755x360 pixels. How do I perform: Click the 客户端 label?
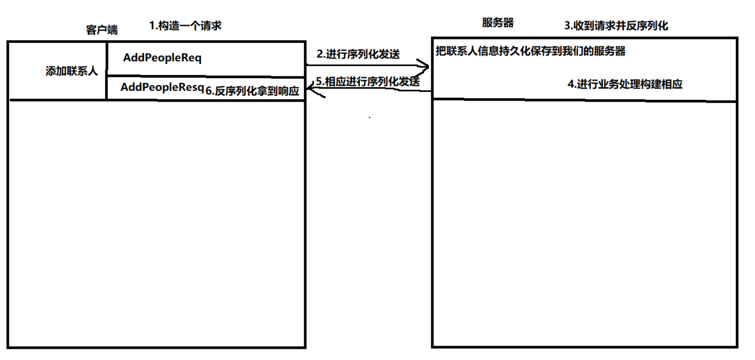tap(102, 30)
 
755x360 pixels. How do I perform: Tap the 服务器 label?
tap(497, 23)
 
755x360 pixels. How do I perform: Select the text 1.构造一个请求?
tap(185, 26)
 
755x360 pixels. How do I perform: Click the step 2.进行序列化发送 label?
tap(358, 54)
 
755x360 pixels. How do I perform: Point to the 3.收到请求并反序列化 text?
tap(616, 26)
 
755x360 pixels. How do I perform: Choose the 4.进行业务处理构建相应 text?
tap(625, 84)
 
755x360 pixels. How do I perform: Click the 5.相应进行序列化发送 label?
tap(368, 82)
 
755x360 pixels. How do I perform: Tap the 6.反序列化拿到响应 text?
tap(252, 91)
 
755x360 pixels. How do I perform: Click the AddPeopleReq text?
tap(162, 58)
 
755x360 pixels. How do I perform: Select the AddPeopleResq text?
tap(162, 87)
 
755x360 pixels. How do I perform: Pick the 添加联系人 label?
tap(71, 71)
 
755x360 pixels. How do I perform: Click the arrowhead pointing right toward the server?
tap(425, 66)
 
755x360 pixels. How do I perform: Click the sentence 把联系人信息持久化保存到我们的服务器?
tap(531, 51)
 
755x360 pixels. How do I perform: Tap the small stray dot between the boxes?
tap(370, 118)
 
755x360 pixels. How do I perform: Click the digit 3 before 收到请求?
tap(567, 26)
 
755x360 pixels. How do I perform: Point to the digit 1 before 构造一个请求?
tap(152, 26)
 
